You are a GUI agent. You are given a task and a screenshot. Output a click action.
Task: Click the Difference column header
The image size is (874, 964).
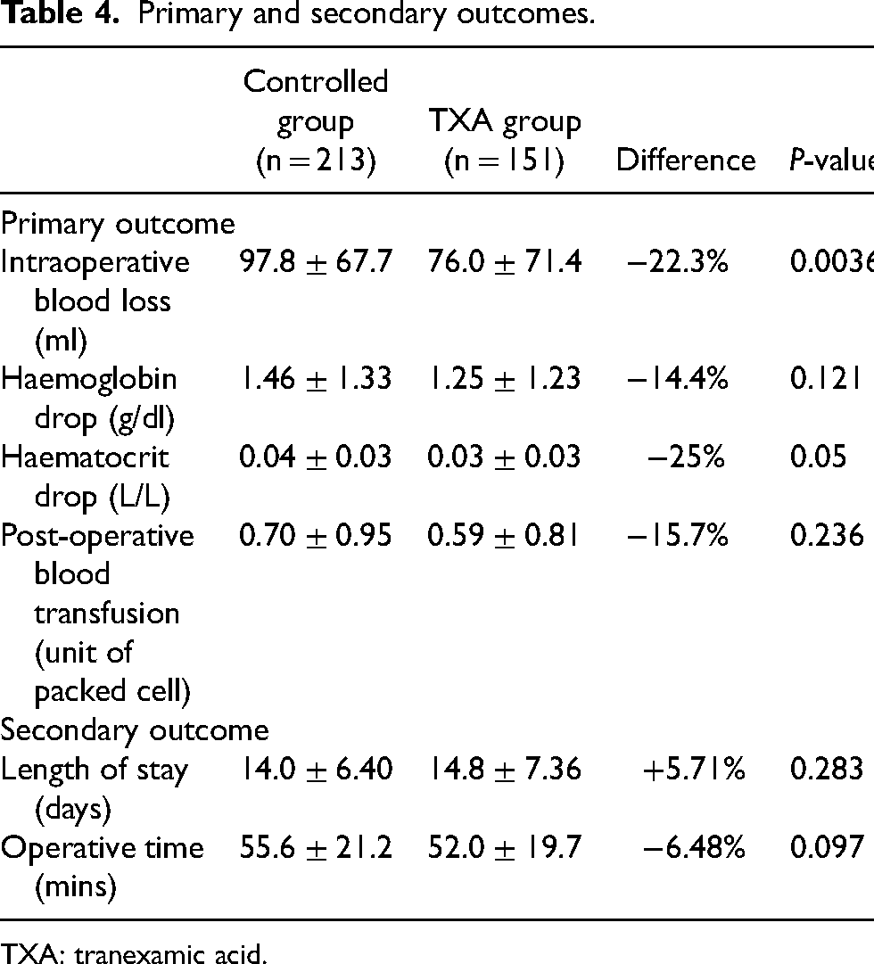(686, 161)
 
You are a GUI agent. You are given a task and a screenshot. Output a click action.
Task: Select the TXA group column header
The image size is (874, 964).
(505, 141)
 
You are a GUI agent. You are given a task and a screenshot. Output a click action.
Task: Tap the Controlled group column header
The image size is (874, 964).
(316, 121)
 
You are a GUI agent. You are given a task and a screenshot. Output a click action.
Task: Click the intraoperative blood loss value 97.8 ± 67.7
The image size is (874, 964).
(316, 262)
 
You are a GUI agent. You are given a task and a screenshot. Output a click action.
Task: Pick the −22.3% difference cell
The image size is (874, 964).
(677, 262)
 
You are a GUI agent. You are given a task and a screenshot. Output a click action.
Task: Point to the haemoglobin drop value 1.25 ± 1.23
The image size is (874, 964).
(505, 378)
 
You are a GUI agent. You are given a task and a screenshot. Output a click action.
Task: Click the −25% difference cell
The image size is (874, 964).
(686, 457)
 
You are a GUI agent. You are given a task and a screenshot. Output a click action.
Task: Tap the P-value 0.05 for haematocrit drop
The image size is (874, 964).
(818, 457)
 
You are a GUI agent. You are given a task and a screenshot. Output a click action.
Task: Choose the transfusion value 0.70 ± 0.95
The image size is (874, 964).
(316, 535)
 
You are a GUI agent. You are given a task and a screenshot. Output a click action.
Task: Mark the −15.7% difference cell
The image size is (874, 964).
(677, 535)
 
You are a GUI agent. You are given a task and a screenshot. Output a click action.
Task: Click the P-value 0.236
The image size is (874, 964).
(827, 535)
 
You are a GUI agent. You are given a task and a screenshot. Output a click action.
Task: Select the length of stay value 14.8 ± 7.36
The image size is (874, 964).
(505, 769)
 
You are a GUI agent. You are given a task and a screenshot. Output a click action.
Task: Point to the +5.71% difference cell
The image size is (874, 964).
(694, 769)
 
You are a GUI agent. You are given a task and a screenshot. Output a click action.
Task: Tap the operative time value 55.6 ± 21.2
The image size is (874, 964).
(316, 847)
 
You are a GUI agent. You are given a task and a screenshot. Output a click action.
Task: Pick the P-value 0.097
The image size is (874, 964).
(827, 847)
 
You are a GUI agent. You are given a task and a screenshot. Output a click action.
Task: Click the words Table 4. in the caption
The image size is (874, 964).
(59, 13)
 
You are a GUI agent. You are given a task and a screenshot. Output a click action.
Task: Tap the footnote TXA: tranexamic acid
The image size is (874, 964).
(134, 953)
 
